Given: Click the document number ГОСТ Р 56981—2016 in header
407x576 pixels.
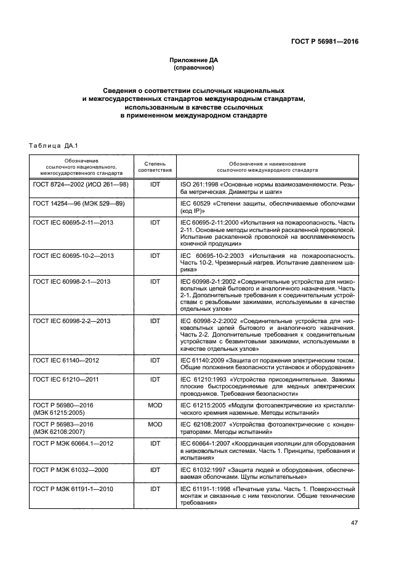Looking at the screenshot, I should [324, 42].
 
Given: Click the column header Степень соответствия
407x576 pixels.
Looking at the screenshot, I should [155, 167].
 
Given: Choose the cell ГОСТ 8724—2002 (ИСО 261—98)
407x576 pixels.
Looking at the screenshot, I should [81, 185].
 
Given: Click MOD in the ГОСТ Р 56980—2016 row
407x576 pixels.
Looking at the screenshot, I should [155, 405].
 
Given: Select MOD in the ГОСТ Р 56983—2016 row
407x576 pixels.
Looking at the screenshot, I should [155, 424].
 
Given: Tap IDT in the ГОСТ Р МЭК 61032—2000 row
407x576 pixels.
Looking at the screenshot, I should [155, 470].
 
